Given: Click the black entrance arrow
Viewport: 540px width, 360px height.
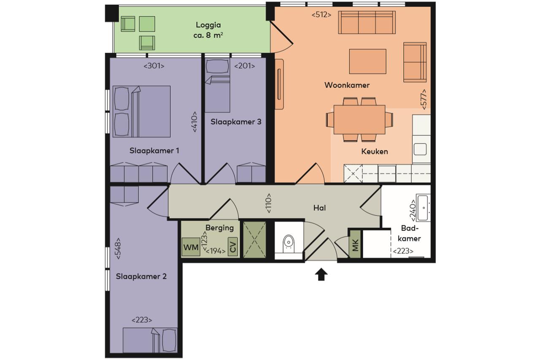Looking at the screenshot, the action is (321, 274).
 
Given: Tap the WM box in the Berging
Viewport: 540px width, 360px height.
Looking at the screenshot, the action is (191, 247).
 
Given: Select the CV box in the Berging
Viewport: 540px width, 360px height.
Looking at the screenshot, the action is (232, 246).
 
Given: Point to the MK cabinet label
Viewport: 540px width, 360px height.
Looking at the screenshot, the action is (355, 244).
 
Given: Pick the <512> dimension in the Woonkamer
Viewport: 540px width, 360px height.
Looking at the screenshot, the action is (321, 15).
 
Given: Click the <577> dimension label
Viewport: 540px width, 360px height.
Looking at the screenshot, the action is (424, 99).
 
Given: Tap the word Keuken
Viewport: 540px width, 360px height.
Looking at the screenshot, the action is (375, 152).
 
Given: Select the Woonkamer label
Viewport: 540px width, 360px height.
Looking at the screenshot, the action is (347, 85).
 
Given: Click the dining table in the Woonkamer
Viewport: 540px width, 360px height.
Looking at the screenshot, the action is (359, 119).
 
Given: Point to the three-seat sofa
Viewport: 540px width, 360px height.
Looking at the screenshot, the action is (367, 22).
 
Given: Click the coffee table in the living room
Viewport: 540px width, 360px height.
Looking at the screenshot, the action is (367, 62).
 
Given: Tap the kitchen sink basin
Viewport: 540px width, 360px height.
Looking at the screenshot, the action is (420, 149).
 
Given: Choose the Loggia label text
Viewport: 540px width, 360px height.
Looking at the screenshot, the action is (208, 30).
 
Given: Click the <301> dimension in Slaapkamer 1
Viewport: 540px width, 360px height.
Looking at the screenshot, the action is (154, 66).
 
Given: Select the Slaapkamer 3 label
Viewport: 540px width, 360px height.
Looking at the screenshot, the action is (236, 122).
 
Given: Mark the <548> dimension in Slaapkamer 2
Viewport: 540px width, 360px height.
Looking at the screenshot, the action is (118, 249).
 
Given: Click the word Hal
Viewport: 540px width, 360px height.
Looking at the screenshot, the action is (320, 208).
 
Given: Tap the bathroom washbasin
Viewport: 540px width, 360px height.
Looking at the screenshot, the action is (423, 208).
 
